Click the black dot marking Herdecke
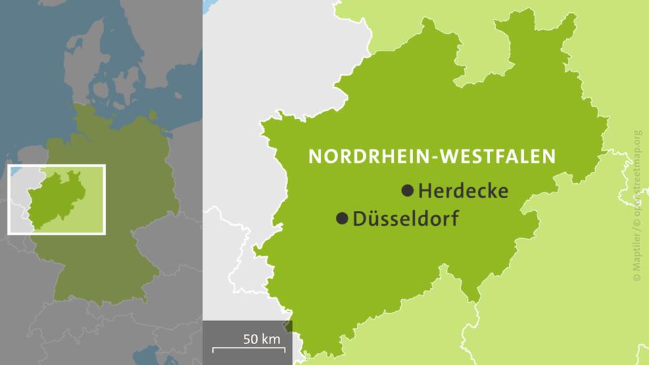pos(407,191)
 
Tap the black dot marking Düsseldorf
pos(342,218)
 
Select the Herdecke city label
pos(463,191)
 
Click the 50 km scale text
pos(261,339)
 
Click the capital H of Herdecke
pos(425,191)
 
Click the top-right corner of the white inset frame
pos(105,166)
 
